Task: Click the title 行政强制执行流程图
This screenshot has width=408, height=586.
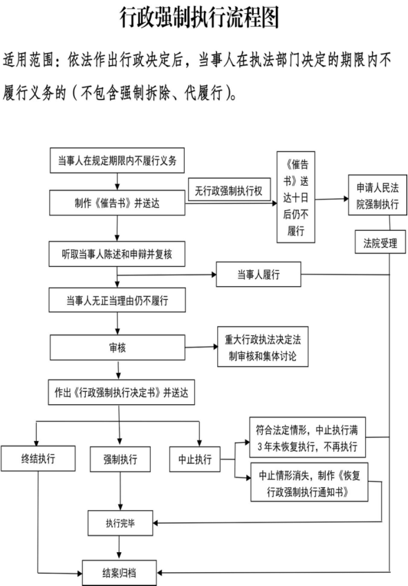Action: tap(199, 17)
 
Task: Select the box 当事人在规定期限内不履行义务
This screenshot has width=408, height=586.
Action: tap(117, 160)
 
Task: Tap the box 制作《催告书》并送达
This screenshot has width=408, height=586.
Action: tap(117, 203)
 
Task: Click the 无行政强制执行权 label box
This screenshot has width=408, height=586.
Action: tap(230, 190)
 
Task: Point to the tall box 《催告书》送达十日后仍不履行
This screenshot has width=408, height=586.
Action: tap(296, 197)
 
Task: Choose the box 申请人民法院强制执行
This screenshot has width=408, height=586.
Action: tap(378, 195)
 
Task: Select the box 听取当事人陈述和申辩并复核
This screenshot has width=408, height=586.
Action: tap(117, 254)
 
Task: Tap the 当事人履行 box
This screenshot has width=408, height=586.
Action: tap(259, 274)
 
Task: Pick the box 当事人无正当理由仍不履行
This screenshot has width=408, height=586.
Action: tap(117, 300)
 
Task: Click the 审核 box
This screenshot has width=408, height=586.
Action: tap(118, 348)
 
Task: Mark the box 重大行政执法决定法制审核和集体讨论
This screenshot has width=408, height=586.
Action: tap(263, 347)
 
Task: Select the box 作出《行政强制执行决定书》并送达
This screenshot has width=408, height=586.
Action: tap(121, 393)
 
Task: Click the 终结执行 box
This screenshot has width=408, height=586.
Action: tap(38, 458)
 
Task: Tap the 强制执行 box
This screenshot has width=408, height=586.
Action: tap(120, 459)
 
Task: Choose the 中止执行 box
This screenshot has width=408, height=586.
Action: tap(194, 459)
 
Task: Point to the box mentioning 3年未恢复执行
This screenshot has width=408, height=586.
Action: tap(308, 437)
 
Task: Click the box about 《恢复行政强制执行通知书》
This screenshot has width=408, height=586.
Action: tap(309, 482)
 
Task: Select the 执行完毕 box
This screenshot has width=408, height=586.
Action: tap(120, 523)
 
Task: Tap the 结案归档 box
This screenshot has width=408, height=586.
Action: tap(120, 573)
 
